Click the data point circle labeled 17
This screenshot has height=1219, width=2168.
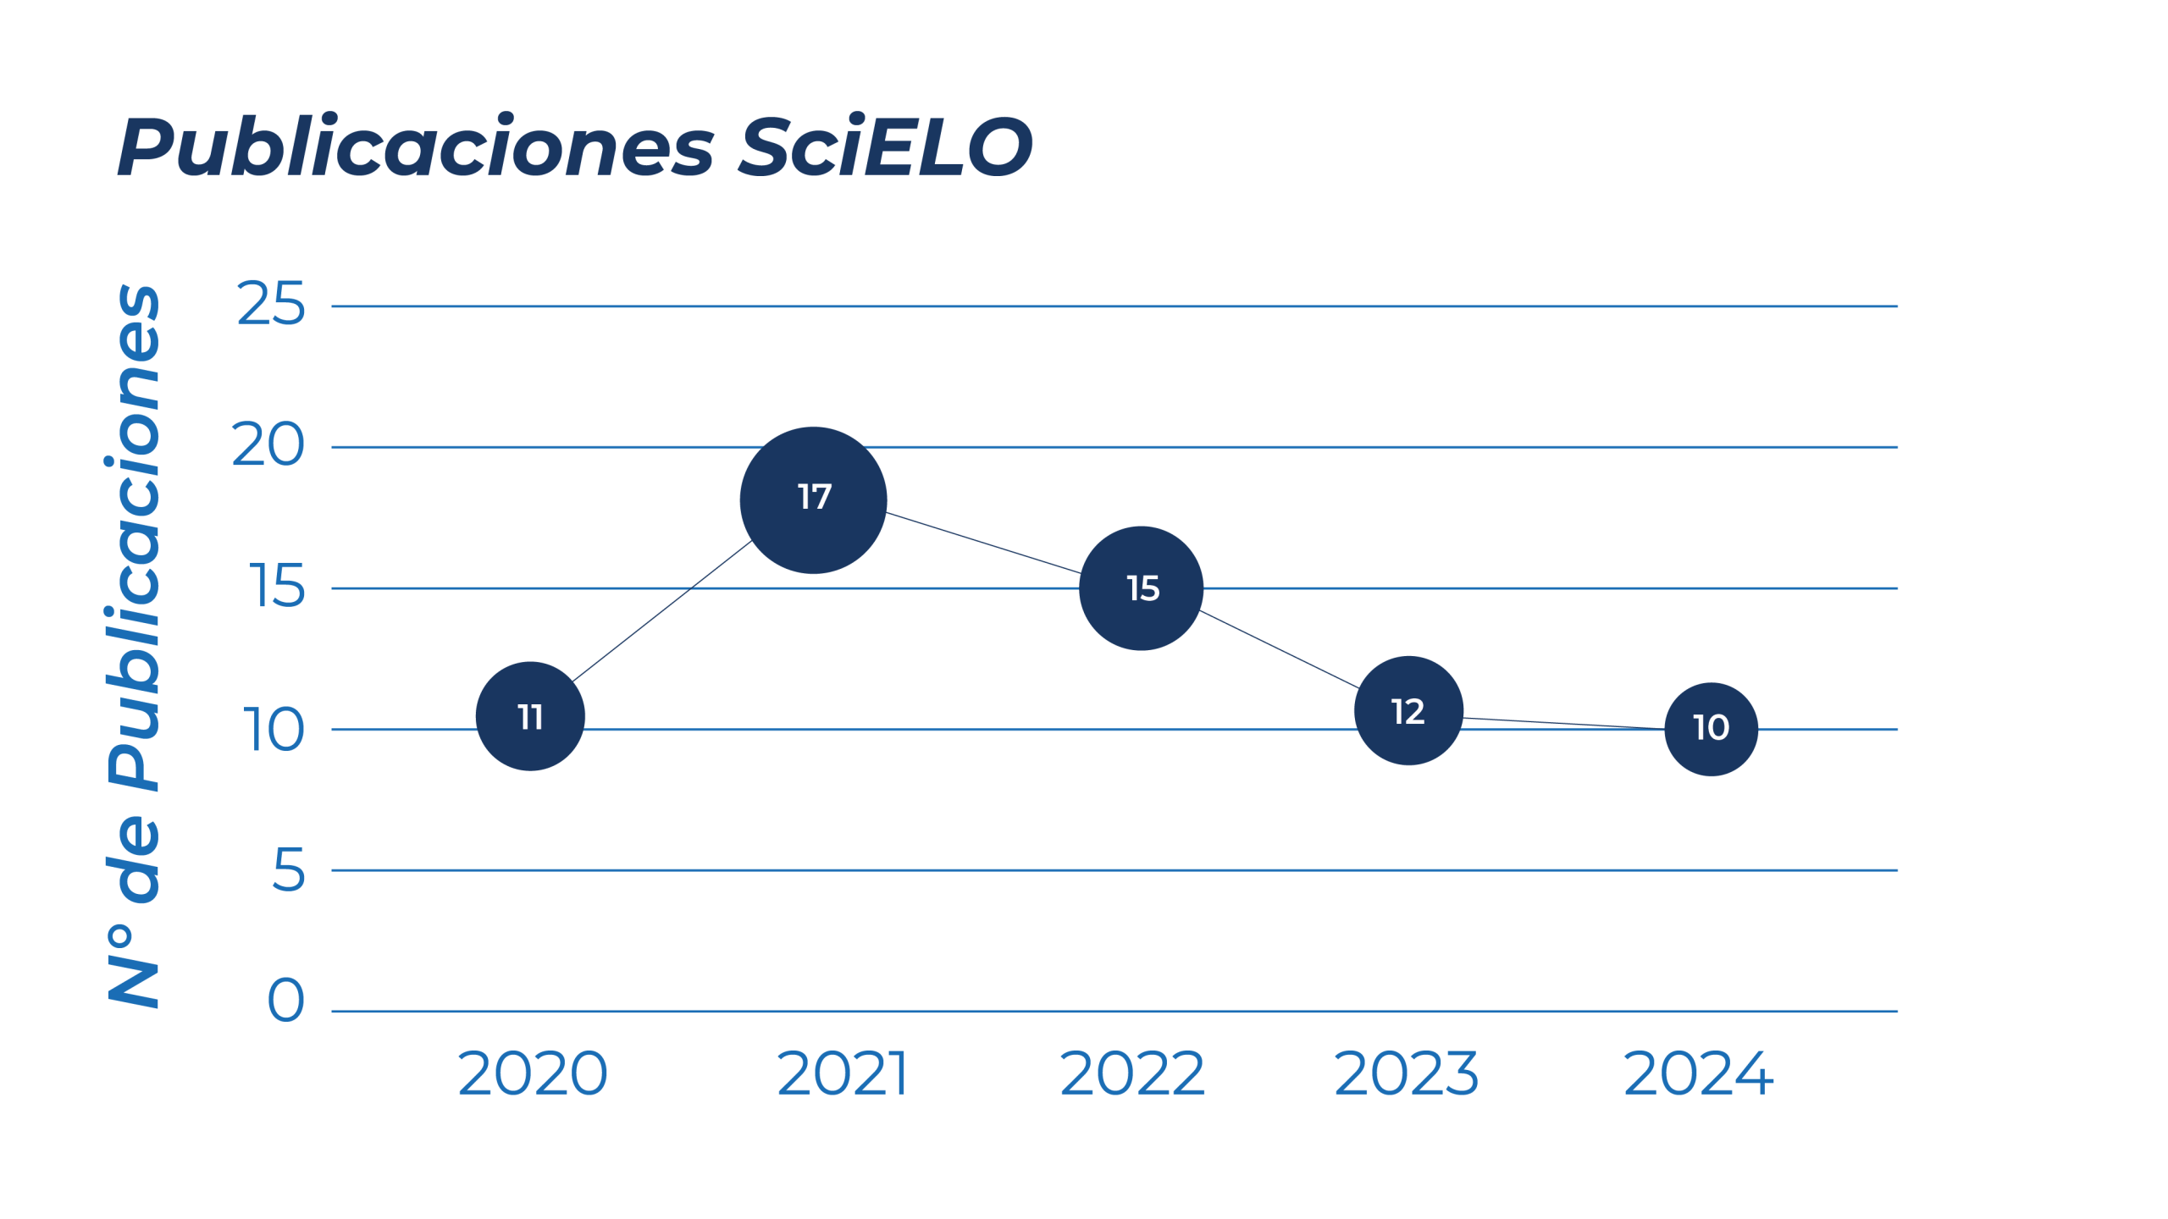coord(813,499)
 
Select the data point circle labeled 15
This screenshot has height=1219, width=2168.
coord(1141,588)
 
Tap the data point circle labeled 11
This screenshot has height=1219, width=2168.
coord(530,716)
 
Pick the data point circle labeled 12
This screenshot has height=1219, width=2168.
coord(1408,711)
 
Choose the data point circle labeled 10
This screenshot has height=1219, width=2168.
coord(1711,728)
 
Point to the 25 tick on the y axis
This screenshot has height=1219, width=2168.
coord(270,304)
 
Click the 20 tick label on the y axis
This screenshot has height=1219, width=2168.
coord(268,445)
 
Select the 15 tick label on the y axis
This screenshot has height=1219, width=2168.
coord(276,587)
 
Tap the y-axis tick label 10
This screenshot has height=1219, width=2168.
coord(273,729)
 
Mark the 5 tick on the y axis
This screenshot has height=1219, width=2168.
coord(288,869)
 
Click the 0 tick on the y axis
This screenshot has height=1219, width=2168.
coord(286,1001)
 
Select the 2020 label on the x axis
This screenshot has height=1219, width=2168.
coord(532,1073)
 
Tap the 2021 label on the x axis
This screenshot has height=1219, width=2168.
coord(842,1073)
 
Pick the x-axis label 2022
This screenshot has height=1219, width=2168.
coord(1131,1073)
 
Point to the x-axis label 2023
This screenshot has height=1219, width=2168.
coord(1406,1073)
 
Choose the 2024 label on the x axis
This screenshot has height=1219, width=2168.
coord(1697,1073)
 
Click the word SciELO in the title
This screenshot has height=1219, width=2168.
coord(885,147)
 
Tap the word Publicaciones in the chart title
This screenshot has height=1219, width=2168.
coord(416,147)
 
